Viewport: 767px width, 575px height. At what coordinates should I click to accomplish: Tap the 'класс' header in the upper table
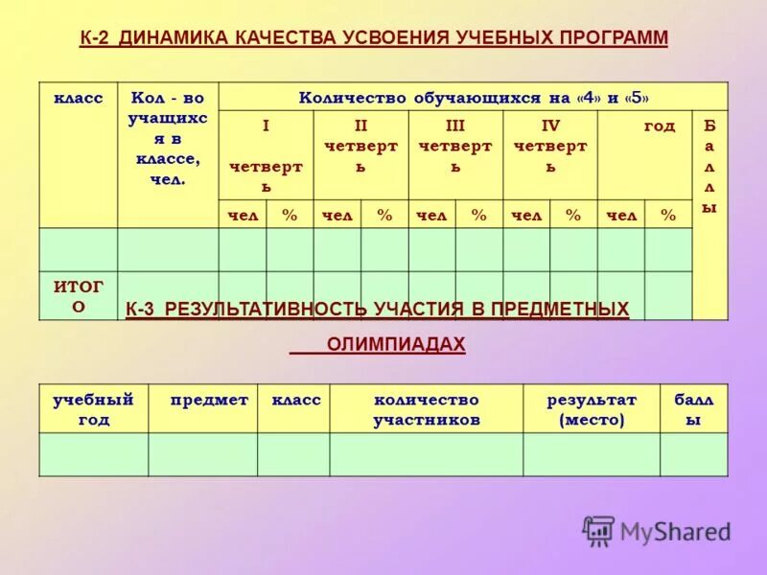click(x=78, y=98)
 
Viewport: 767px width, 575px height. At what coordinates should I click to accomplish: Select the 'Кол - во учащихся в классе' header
click(x=168, y=138)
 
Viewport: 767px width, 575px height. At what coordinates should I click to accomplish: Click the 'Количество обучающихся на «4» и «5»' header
click(x=474, y=98)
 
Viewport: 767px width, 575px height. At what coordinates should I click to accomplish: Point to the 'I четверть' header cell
click(x=266, y=155)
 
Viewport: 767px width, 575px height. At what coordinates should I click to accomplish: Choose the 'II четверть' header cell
click(x=360, y=146)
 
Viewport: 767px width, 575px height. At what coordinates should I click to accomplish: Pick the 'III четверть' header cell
click(x=455, y=146)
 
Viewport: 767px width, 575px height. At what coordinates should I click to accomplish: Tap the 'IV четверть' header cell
click(x=550, y=146)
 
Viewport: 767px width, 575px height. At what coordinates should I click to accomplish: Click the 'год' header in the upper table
click(x=659, y=126)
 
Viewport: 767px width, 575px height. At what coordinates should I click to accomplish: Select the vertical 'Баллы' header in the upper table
click(x=709, y=166)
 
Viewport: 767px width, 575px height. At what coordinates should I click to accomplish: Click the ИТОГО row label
click(x=79, y=295)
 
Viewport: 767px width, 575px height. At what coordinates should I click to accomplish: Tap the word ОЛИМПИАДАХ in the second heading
click(x=396, y=344)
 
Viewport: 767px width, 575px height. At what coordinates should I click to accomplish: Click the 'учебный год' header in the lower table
click(x=93, y=409)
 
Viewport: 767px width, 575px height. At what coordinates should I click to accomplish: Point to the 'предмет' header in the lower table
click(x=209, y=400)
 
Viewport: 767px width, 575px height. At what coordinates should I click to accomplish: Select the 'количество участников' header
click(x=427, y=409)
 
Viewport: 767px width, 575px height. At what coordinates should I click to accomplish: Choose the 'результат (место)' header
click(x=592, y=409)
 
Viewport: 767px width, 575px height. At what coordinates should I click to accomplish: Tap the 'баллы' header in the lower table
click(x=694, y=409)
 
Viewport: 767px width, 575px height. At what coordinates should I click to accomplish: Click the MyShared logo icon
click(x=599, y=530)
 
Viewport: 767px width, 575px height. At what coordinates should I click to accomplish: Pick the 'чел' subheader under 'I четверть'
click(x=243, y=216)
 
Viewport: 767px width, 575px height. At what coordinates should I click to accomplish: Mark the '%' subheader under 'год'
click(x=668, y=216)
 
